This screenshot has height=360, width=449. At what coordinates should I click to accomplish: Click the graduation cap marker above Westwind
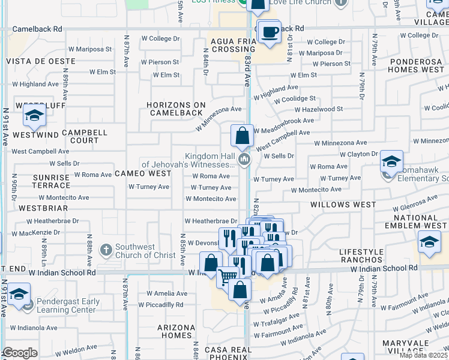point(35,115)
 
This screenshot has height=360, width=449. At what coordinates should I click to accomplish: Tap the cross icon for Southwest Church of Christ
point(106,249)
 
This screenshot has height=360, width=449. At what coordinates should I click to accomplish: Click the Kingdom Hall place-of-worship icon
point(244,160)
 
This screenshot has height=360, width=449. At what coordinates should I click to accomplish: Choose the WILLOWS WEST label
point(343,205)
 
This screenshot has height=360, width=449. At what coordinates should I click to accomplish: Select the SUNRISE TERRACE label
point(52,181)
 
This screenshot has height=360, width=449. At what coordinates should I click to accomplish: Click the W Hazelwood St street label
point(318,110)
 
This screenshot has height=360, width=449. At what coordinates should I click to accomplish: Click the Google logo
point(20,353)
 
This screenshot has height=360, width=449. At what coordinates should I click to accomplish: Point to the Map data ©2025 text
point(424,355)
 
